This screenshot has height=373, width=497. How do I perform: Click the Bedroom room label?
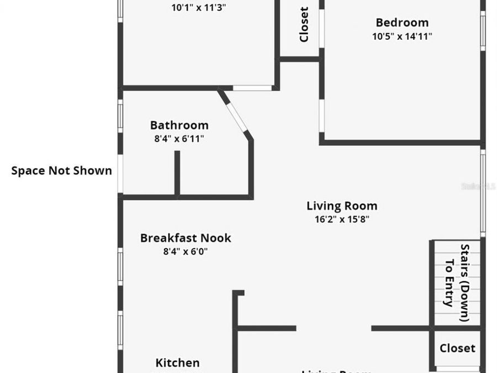click(x=402, y=23)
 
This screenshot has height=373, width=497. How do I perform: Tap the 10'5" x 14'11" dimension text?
click(x=402, y=36)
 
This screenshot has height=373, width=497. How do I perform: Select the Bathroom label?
click(x=179, y=125)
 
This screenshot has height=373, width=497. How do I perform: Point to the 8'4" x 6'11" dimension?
click(x=179, y=139)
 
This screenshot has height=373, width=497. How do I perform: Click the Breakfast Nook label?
click(x=186, y=238)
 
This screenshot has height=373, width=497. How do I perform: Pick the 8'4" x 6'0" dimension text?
click(x=185, y=251)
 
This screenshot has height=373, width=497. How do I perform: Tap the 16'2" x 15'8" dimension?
click(x=342, y=219)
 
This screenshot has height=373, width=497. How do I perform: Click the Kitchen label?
click(x=177, y=363)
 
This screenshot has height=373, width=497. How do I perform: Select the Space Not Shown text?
click(x=61, y=171)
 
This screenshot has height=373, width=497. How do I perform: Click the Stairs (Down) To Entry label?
click(x=457, y=282)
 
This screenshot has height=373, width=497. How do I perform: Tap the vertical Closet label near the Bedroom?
click(x=304, y=24)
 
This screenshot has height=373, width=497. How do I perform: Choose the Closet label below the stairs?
click(x=457, y=348)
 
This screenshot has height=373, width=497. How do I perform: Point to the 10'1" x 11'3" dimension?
click(x=199, y=8)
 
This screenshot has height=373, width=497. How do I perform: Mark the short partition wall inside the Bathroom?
click(x=177, y=172)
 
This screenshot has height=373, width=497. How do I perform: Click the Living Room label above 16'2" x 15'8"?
click(x=342, y=206)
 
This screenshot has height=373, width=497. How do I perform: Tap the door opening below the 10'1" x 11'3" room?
click(x=252, y=88)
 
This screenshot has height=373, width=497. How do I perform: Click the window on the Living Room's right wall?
click(x=483, y=193)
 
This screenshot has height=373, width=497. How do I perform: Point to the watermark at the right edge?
click(x=478, y=187)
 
